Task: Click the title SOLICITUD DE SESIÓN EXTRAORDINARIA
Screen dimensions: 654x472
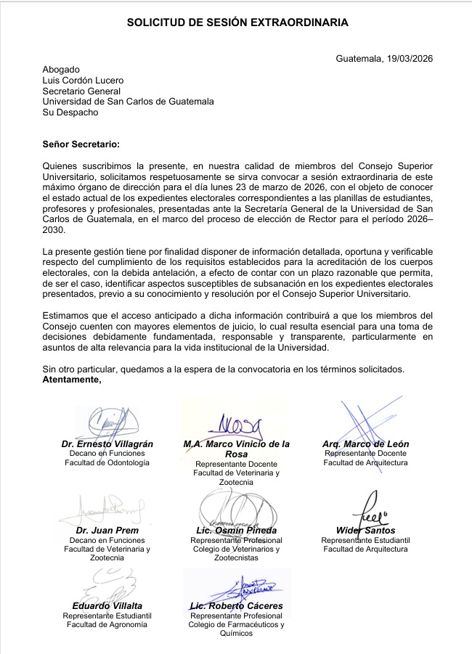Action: coord(237,23)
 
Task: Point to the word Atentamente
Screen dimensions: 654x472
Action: coord(72,380)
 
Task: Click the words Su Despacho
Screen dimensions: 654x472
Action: coord(70,113)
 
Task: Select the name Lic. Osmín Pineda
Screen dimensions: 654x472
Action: coord(235,531)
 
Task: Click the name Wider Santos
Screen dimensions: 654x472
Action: coord(365,531)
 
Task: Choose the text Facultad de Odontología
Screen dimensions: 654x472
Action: coord(107,462)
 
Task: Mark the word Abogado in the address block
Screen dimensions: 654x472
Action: coord(61,70)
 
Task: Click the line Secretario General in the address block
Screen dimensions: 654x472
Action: coord(79,91)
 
